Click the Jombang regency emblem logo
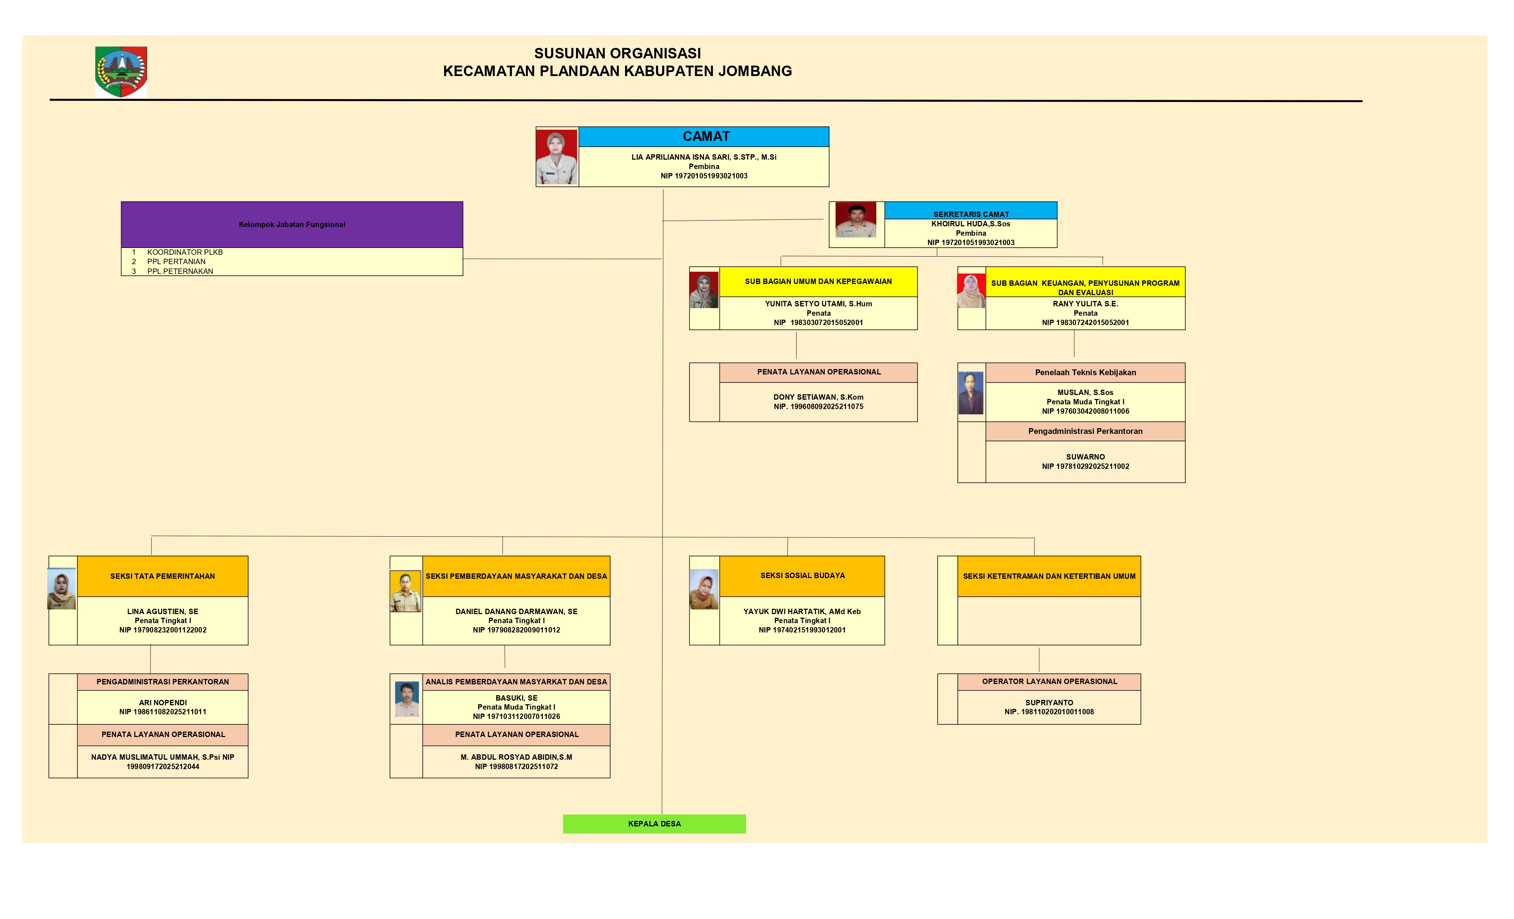[121, 71]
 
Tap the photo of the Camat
[557, 157]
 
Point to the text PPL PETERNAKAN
[180, 271]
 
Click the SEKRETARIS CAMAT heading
[971, 214]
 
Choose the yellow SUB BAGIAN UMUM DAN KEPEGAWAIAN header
[818, 281]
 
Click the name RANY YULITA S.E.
[1085, 303]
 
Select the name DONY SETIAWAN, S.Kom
[818, 397]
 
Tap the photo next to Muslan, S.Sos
[971, 393]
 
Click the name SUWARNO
[1085, 456]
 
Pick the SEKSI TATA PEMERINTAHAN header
[162, 576]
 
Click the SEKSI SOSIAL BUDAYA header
[802, 576]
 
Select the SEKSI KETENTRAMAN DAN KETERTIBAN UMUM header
[1049, 576]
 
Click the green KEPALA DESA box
[654, 824]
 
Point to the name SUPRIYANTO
[1049, 702]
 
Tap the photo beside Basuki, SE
[407, 699]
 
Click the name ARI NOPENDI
[163, 702]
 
